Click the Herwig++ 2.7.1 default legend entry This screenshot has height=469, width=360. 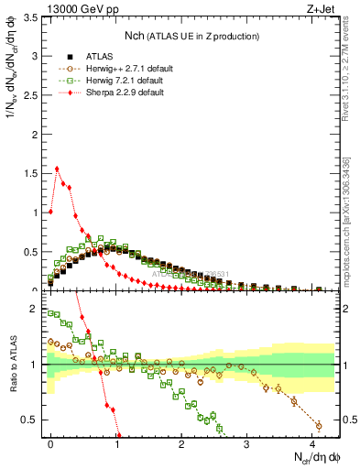[x=110, y=68]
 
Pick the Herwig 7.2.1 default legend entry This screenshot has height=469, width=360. [x=108, y=81]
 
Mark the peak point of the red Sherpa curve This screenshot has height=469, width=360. [x=57, y=169]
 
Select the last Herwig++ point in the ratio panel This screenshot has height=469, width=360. [x=319, y=425]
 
